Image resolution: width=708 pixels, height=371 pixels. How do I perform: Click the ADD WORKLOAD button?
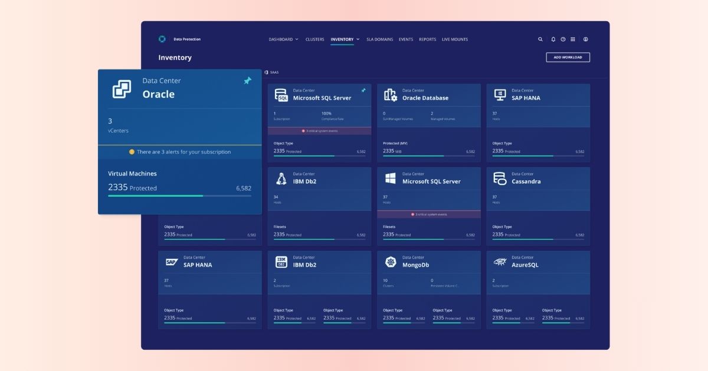click(x=568, y=57)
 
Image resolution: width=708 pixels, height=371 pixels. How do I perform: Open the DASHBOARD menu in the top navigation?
click(x=283, y=39)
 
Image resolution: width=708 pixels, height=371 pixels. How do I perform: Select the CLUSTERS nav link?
click(x=314, y=39)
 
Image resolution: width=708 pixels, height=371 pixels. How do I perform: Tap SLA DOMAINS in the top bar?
click(x=379, y=39)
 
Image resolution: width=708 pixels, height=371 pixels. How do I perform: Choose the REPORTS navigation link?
click(x=427, y=39)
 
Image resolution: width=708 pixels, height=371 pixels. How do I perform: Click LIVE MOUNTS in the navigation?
click(x=454, y=39)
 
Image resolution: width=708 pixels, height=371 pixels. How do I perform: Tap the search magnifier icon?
click(x=540, y=39)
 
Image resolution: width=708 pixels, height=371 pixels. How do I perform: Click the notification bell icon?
click(x=553, y=39)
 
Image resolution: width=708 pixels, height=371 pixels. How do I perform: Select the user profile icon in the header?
click(x=585, y=39)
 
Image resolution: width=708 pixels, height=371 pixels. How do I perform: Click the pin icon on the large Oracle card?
click(x=247, y=81)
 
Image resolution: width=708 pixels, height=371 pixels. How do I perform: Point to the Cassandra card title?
click(x=526, y=181)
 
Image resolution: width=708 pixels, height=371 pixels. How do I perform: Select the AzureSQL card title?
click(x=525, y=265)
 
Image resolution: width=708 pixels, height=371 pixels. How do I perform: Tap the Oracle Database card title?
click(x=425, y=98)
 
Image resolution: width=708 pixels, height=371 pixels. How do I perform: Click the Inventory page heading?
click(x=175, y=58)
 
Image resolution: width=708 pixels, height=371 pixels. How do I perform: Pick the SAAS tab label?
click(x=274, y=72)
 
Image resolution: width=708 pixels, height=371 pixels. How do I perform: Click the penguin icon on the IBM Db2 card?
click(x=281, y=178)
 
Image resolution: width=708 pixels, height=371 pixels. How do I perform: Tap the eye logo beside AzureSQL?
click(x=500, y=262)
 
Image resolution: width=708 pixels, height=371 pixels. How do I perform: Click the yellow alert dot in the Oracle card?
click(x=132, y=152)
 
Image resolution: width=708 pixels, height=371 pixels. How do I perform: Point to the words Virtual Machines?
click(x=132, y=174)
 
